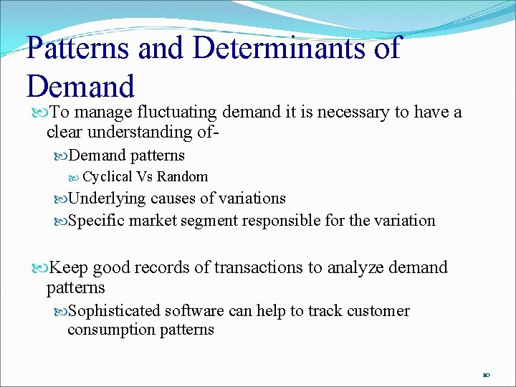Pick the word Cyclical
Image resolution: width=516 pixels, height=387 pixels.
click(107, 177)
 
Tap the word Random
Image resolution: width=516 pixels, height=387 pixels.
click(182, 177)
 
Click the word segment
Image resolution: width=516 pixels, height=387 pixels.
click(211, 220)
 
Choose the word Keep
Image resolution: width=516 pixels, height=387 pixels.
click(69, 267)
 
